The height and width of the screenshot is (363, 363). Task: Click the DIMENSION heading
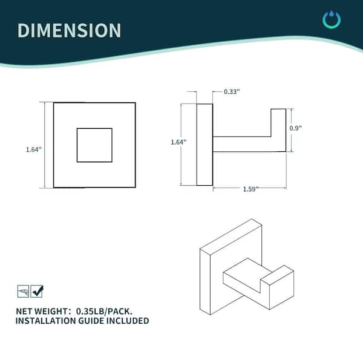point(69,30)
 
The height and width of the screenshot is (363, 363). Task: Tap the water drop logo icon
point(332,19)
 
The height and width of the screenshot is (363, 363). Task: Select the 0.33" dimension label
point(232,92)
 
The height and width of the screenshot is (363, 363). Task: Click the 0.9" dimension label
point(296,128)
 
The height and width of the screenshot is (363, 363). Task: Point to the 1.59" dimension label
point(250,189)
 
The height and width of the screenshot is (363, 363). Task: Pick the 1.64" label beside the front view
point(33,149)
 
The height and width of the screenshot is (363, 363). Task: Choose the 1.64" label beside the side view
point(178,142)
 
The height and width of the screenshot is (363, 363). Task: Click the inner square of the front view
point(94,145)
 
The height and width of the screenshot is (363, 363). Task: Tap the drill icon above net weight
point(23,291)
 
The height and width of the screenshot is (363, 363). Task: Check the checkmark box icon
point(37,291)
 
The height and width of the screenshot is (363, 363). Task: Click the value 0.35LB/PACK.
point(104,312)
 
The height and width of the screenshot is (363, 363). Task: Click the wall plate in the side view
point(204,145)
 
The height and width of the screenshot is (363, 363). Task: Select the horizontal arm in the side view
point(241,144)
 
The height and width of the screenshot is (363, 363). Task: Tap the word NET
point(23,312)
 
